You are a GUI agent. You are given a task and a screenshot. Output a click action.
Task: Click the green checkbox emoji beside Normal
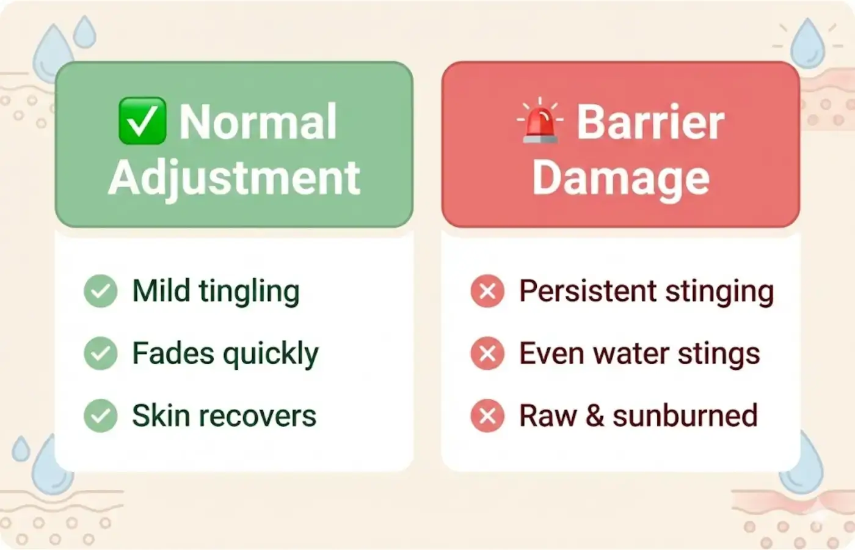pyautogui.click(x=142, y=121)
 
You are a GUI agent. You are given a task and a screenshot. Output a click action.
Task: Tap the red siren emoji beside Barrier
pyautogui.click(x=540, y=122)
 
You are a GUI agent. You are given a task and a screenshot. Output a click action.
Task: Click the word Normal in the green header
pyautogui.click(x=258, y=122)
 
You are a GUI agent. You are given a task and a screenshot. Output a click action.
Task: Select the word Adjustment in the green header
pyautogui.click(x=234, y=178)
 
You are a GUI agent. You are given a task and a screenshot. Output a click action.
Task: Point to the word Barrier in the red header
pyautogui.click(x=650, y=122)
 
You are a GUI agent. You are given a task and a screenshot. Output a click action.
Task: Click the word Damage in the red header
pyautogui.click(x=620, y=178)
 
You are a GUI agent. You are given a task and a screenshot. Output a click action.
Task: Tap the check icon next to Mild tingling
pyautogui.click(x=101, y=291)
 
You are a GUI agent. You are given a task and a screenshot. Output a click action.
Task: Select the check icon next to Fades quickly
pyautogui.click(x=101, y=353)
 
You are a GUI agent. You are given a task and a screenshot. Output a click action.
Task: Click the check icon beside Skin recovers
pyautogui.click(x=101, y=416)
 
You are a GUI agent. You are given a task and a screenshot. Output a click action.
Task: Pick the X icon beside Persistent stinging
pyautogui.click(x=487, y=291)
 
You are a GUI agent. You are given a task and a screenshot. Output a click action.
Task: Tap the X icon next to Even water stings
pyautogui.click(x=487, y=353)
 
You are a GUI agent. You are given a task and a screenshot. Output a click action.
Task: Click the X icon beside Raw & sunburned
pyautogui.click(x=487, y=416)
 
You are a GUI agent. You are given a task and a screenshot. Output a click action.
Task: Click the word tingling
pyautogui.click(x=249, y=292)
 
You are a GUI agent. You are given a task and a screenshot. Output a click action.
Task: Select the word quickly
pyautogui.click(x=271, y=354)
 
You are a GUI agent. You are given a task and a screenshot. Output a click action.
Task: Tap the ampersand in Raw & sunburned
pyautogui.click(x=594, y=416)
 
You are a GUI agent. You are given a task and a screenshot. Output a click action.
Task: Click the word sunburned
pyautogui.click(x=685, y=416)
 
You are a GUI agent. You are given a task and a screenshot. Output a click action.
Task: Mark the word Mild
pyautogui.click(x=161, y=291)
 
